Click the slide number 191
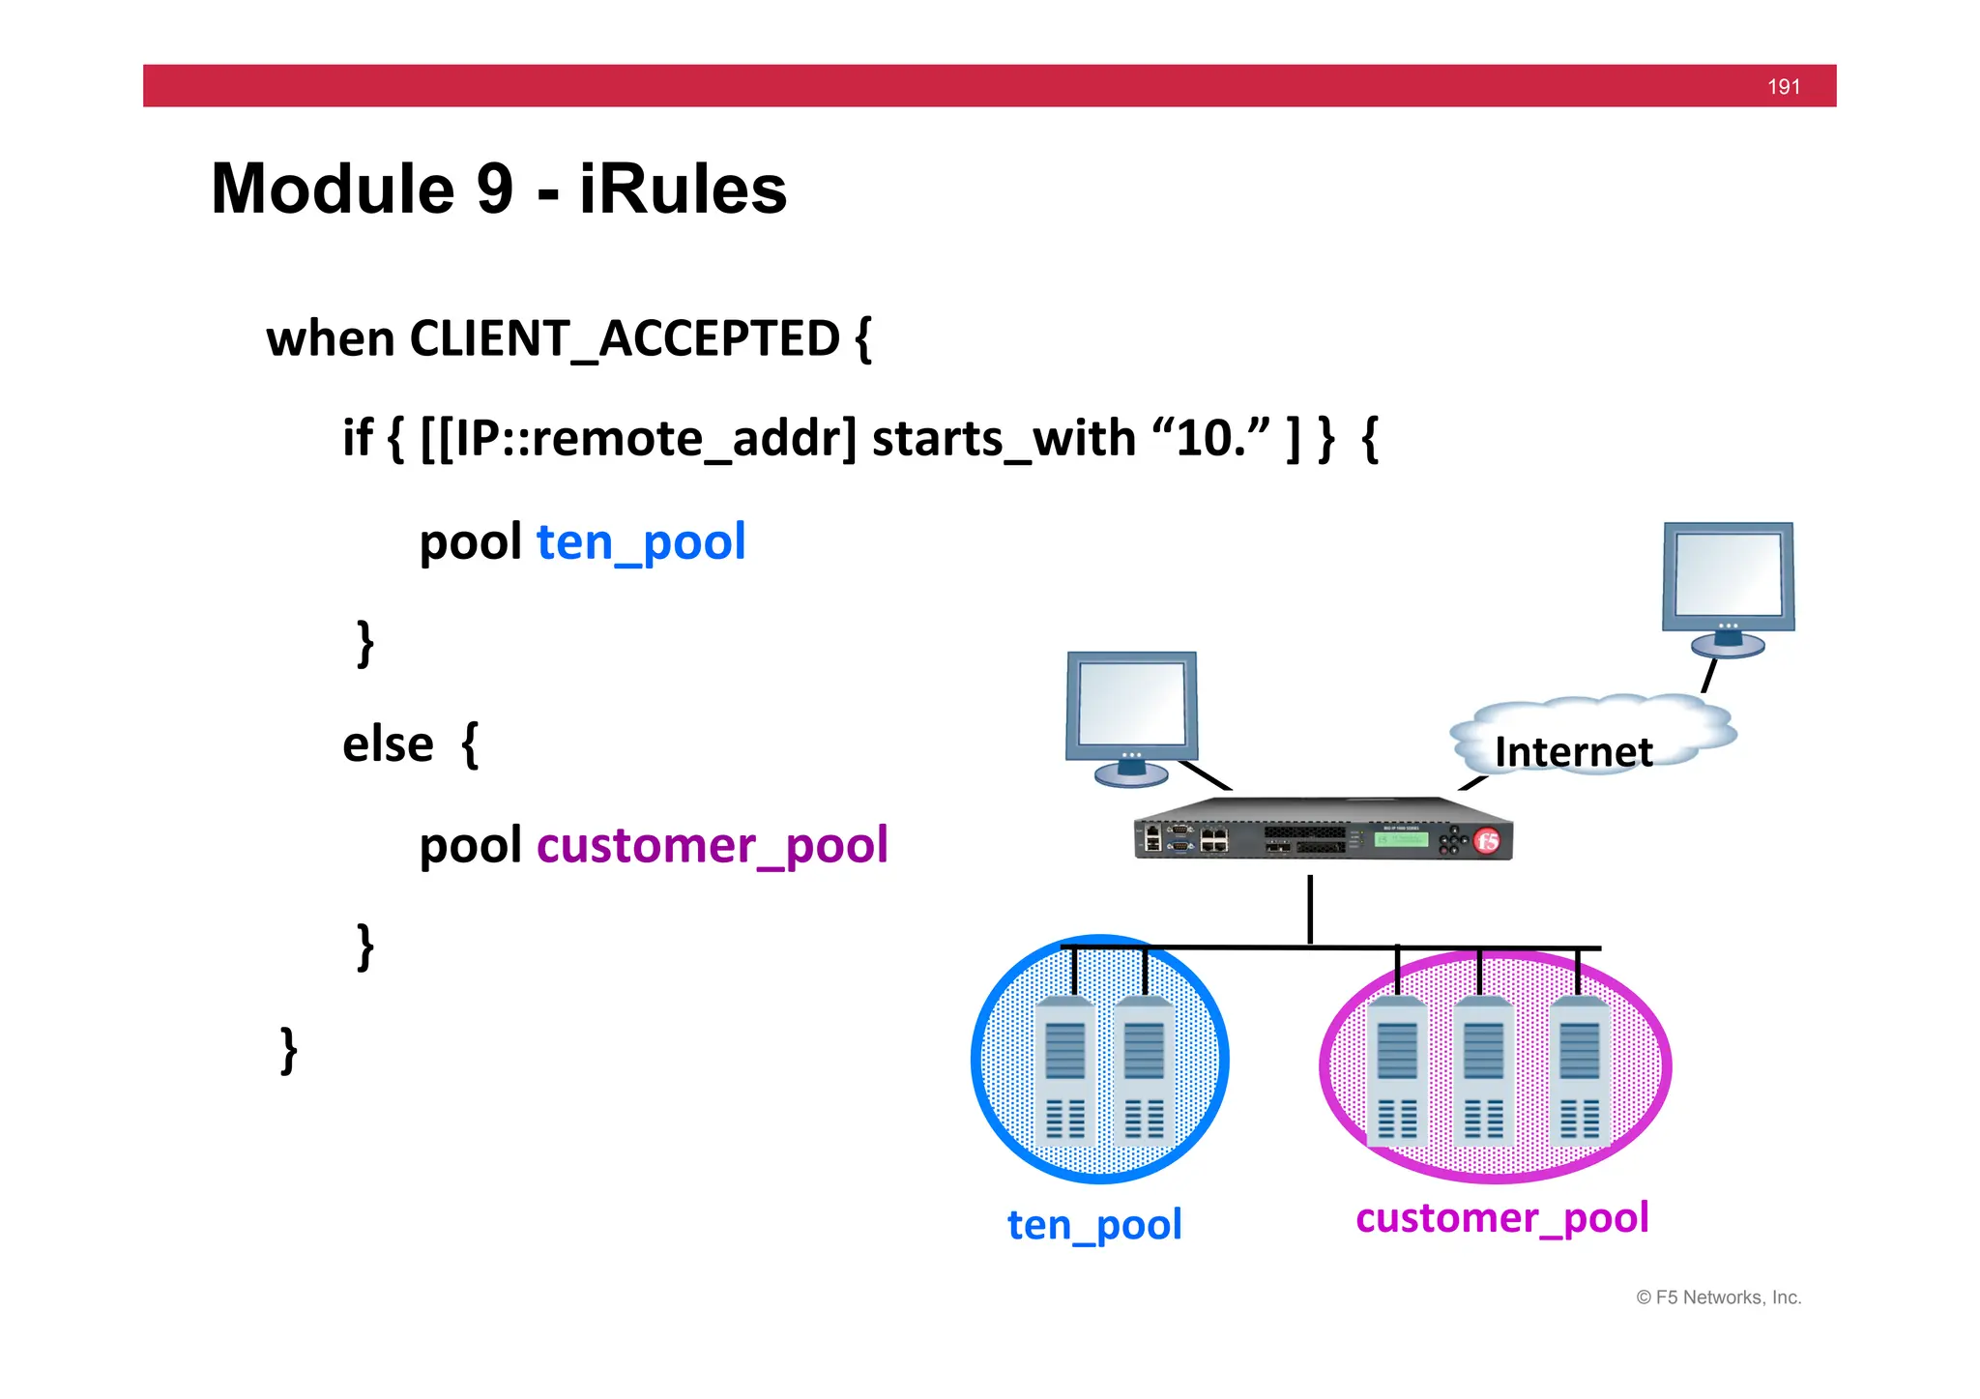pos(1783,87)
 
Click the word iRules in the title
pos(683,189)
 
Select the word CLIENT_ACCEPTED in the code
pos(625,339)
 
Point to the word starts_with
pos(1003,438)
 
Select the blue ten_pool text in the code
pos(641,541)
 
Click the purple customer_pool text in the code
pos(712,845)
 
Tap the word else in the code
pos(388,744)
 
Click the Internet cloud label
pos(1573,751)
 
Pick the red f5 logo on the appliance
pos(1487,840)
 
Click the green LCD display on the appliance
pos(1401,838)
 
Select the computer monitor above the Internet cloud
pos(1728,584)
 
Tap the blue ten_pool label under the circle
pos(1094,1224)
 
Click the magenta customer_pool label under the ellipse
pos(1501,1217)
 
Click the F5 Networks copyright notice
pos(1718,1297)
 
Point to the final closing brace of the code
pos(288,1051)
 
